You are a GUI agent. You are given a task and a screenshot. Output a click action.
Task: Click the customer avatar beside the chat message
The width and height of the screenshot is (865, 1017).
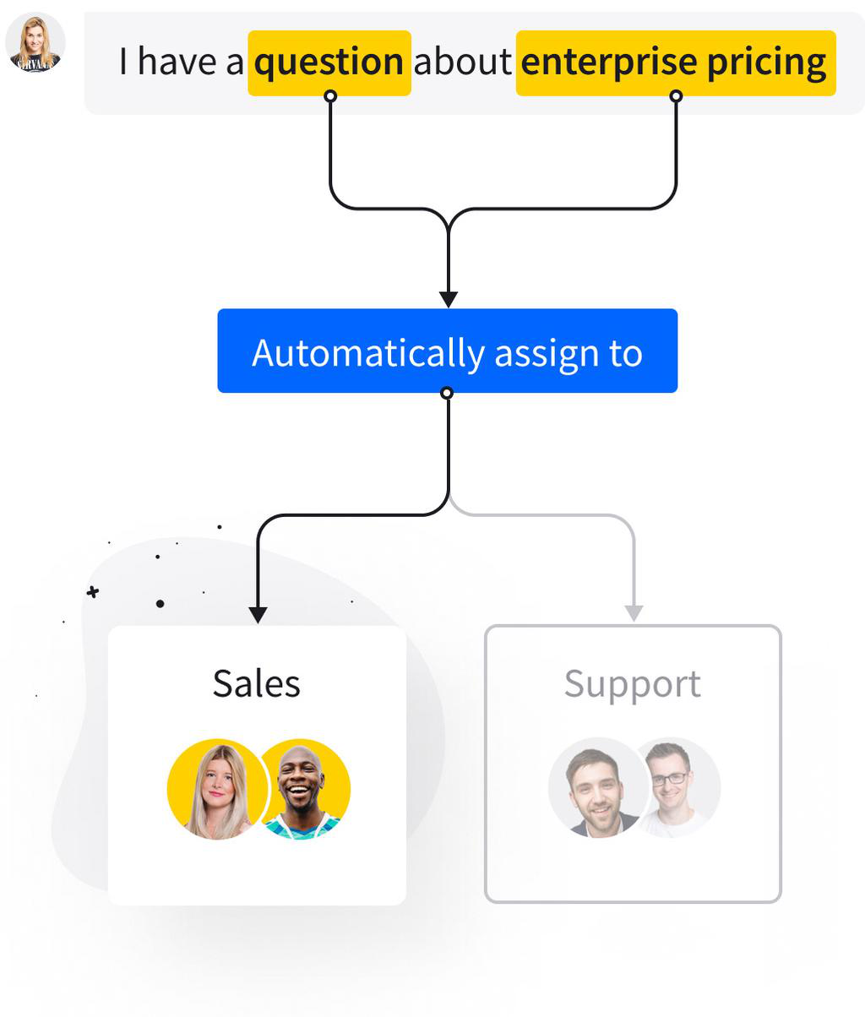35,42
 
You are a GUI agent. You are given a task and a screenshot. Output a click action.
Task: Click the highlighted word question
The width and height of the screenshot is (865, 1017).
329,63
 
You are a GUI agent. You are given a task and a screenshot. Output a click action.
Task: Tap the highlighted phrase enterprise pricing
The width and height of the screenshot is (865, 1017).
675,63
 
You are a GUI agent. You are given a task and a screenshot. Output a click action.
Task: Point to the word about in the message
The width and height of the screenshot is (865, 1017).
462,63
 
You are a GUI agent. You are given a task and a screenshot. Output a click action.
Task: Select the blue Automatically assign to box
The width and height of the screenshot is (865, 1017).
447,351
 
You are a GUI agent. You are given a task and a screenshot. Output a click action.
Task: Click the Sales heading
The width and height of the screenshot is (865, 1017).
257,683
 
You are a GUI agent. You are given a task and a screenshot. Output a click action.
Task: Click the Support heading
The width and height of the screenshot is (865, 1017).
632,683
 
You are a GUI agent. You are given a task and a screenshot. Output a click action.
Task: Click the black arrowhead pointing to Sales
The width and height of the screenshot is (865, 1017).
258,614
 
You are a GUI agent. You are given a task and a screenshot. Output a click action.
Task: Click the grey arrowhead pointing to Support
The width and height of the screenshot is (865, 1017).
634,613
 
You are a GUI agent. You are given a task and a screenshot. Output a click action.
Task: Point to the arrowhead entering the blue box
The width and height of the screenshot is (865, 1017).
449,299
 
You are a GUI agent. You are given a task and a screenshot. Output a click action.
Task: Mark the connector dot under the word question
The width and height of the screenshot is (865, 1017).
330,96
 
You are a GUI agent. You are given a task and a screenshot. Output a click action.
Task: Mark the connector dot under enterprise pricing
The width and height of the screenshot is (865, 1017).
676,96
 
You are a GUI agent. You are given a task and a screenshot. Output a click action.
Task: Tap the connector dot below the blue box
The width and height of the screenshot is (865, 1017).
447,393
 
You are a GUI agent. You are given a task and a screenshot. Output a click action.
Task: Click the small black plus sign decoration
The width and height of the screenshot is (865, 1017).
93,592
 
